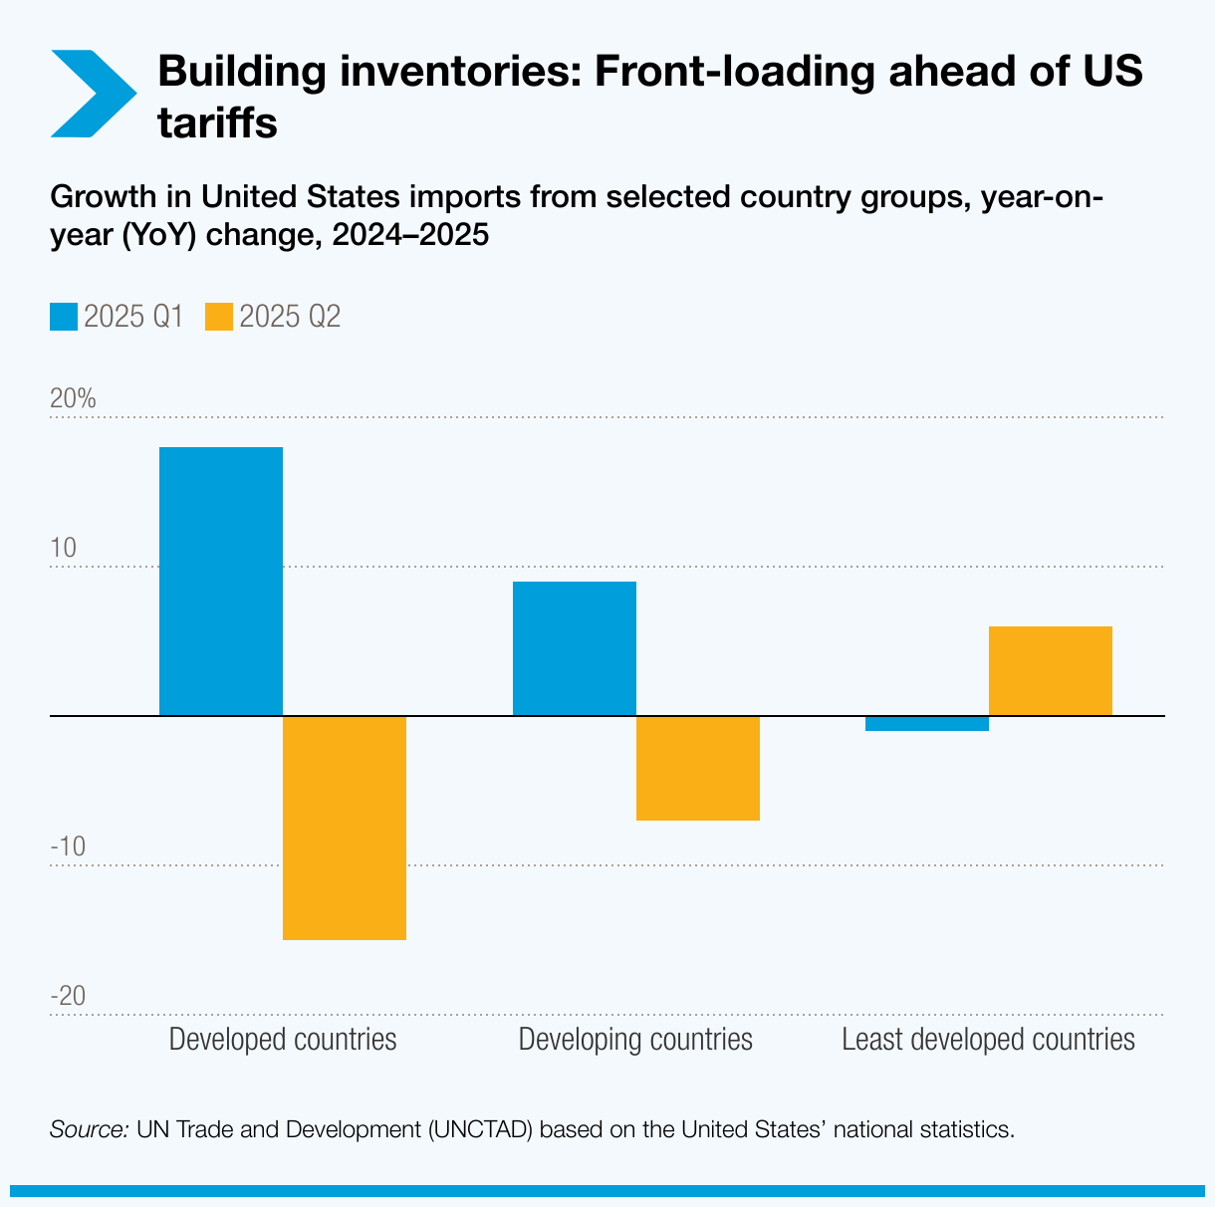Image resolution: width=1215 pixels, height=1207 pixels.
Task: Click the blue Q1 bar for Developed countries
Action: [x=221, y=581]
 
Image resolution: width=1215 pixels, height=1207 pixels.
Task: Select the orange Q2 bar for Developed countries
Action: [x=345, y=828]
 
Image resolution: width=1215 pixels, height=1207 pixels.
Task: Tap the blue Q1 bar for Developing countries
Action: [x=575, y=648]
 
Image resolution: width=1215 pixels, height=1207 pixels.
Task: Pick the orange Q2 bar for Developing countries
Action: [x=698, y=768]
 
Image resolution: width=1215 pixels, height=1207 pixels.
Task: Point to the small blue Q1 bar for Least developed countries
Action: [x=927, y=724]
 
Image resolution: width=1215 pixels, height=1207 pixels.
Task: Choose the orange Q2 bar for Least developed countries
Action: [x=1051, y=670]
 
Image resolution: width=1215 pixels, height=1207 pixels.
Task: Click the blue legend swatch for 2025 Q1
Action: [x=64, y=317]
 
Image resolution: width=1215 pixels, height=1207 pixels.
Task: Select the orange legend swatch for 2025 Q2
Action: [x=219, y=317]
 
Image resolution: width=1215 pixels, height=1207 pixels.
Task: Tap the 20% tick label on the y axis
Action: [x=73, y=399]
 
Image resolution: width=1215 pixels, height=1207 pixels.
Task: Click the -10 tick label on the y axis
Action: [x=68, y=847]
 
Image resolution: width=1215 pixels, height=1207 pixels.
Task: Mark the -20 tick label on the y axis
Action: [x=68, y=997]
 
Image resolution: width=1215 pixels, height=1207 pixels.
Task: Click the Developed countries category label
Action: [x=283, y=1040]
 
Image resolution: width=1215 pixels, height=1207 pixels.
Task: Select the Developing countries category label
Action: [x=635, y=1040]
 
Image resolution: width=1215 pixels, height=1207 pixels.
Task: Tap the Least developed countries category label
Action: [x=988, y=1040]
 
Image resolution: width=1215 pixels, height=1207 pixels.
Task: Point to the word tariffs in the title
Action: [x=217, y=124]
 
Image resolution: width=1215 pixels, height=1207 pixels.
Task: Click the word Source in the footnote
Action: [x=89, y=1130]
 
